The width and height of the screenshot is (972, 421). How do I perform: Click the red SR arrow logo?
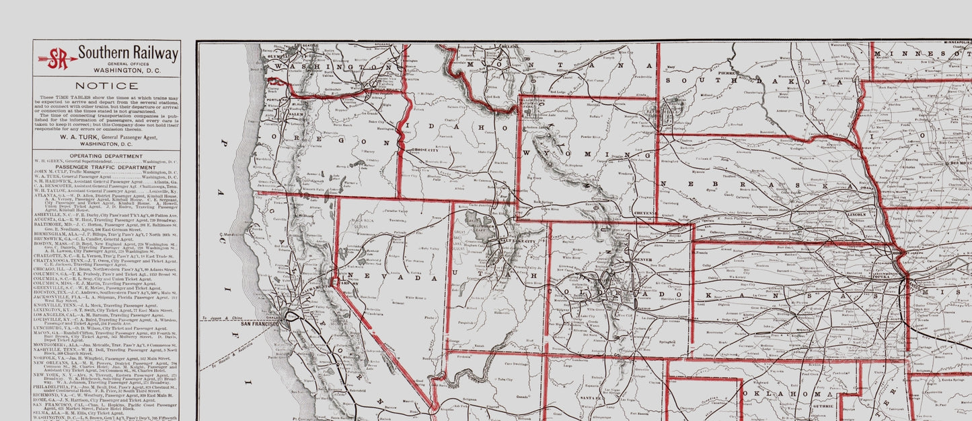pyautogui.click(x=57, y=58)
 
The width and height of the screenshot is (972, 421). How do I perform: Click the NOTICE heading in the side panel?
pyautogui.click(x=106, y=86)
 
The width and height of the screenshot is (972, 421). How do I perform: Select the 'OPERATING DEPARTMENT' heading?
pyautogui.click(x=106, y=156)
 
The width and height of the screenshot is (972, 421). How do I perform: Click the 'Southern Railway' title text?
pyautogui.click(x=128, y=53)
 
